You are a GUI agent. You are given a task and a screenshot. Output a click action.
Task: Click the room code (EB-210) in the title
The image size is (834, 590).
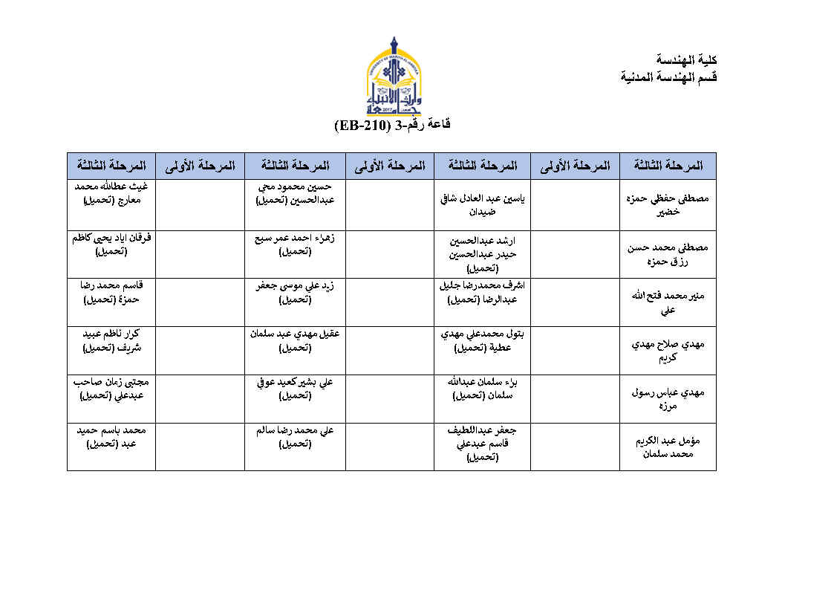pyautogui.click(x=362, y=125)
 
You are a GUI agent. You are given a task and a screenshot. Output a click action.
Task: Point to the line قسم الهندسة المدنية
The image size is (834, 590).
pyautogui.click(x=669, y=77)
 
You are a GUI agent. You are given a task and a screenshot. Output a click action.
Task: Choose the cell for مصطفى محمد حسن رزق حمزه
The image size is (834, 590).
pyautogui.click(x=668, y=254)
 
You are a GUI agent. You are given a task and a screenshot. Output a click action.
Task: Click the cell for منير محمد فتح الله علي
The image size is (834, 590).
pyautogui.click(x=668, y=302)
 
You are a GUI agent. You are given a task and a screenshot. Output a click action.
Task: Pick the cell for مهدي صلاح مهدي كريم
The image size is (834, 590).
pyautogui.click(x=668, y=351)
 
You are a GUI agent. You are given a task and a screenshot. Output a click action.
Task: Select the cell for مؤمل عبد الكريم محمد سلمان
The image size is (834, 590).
pyautogui.click(x=668, y=447)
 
